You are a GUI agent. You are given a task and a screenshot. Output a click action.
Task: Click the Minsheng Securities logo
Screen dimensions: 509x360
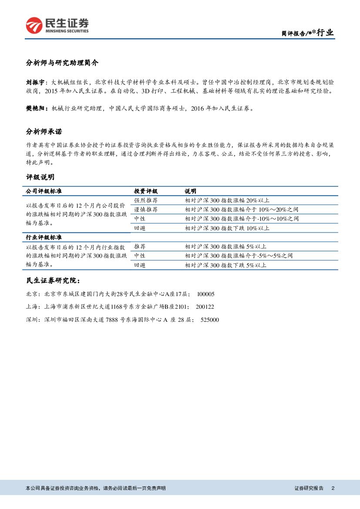[x=57, y=25]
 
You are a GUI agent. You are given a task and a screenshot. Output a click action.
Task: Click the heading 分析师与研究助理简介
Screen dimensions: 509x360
[x=62, y=63]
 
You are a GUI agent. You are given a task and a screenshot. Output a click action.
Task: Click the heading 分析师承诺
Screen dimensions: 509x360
[x=47, y=131]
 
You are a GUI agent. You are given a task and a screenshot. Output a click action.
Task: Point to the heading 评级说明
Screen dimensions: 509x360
[x=40, y=177]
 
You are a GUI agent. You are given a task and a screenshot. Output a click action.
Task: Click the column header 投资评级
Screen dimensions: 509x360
[x=146, y=191]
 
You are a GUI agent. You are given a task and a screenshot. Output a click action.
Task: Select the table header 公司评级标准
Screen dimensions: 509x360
[x=44, y=191]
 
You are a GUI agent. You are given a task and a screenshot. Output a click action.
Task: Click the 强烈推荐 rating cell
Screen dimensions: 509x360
[x=146, y=200]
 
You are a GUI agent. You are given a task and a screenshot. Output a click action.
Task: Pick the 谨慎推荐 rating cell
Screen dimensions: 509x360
[x=146, y=209]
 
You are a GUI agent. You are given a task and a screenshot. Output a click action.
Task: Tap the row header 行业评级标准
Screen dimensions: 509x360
[x=44, y=237]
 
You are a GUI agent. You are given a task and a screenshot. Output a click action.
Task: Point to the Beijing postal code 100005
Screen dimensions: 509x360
[x=205, y=294]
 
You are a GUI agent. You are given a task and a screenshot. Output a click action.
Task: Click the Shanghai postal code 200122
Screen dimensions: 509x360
[x=205, y=307]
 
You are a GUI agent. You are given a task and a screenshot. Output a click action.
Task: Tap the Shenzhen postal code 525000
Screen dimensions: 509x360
[x=210, y=320]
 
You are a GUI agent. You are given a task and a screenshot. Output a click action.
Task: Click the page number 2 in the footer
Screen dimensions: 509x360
[x=333, y=488]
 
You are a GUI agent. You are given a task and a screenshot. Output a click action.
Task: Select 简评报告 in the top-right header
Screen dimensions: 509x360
[x=293, y=34]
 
